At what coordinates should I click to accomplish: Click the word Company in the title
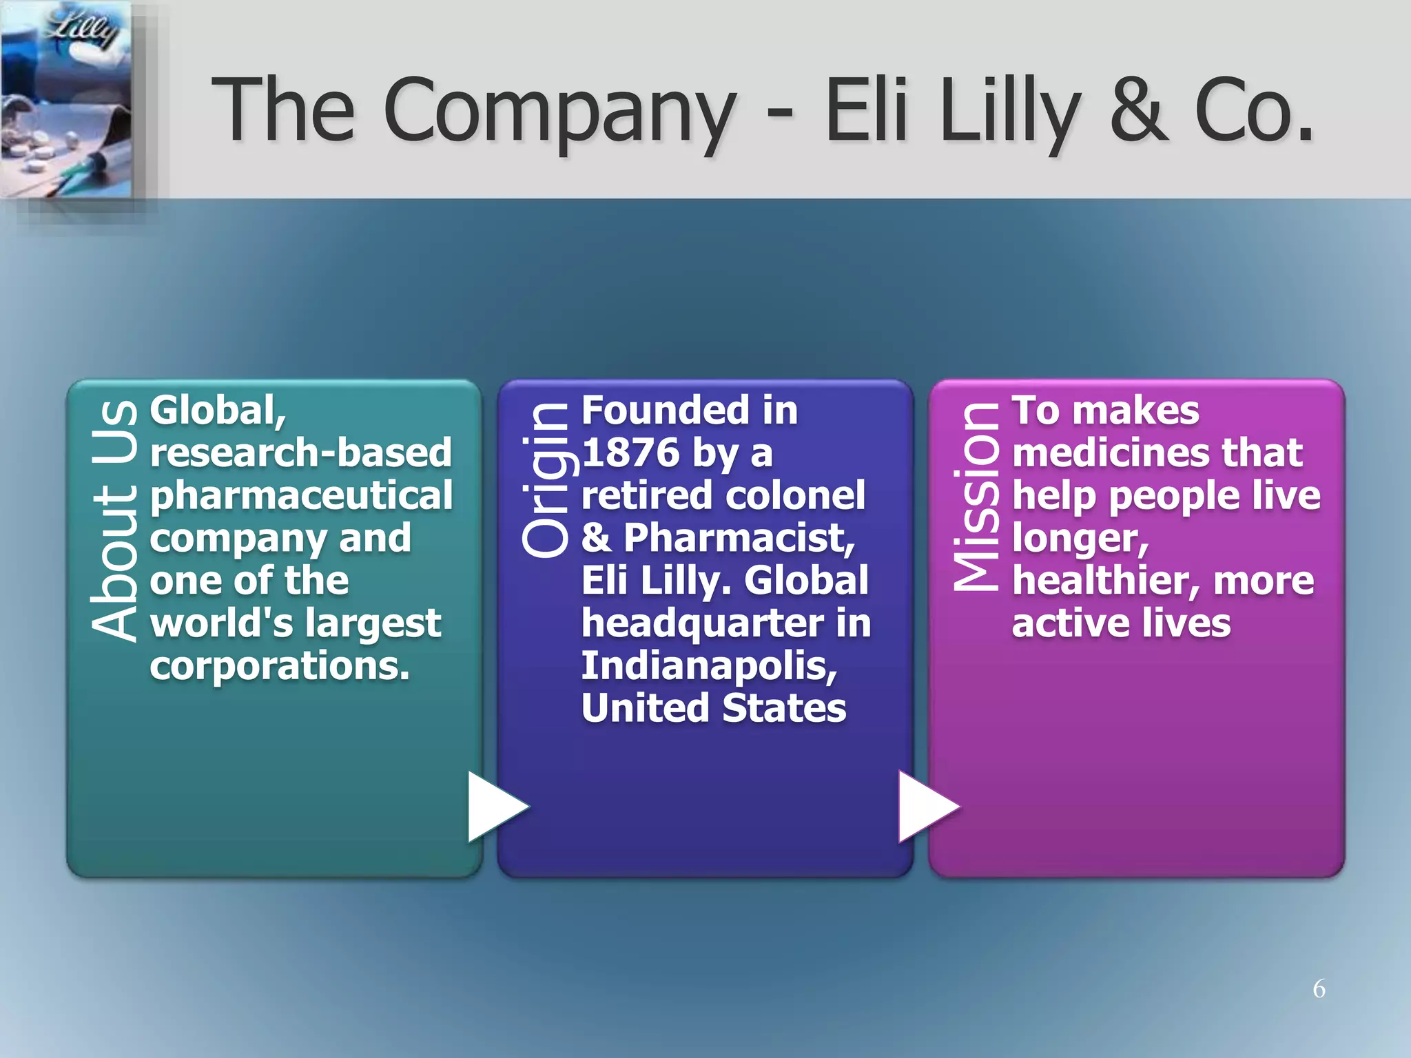coord(559,110)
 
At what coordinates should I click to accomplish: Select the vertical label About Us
coord(114,521)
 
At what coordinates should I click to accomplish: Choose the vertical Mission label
coord(976,496)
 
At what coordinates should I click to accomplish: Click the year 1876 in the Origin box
coord(630,453)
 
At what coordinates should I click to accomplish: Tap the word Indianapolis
coord(709,666)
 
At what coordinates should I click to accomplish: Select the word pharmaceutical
coord(301,496)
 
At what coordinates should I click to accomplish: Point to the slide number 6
coord(1319,988)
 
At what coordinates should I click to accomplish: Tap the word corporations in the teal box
coord(279,666)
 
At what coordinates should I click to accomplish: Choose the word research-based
coord(300,453)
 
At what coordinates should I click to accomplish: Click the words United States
coord(714,708)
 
